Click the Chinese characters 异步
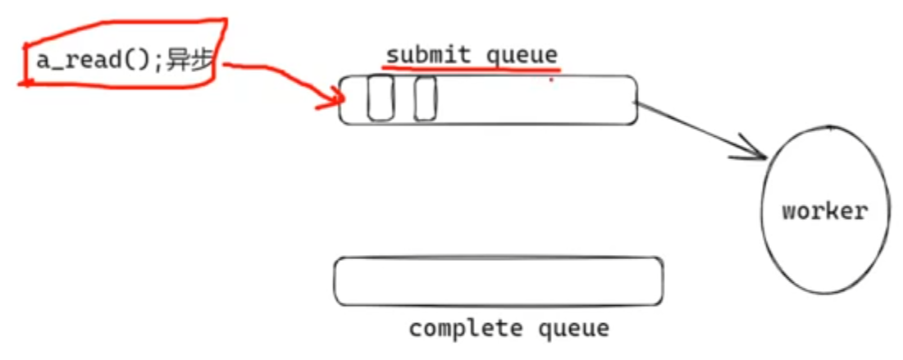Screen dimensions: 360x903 (x=189, y=62)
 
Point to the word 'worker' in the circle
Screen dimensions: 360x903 (x=823, y=211)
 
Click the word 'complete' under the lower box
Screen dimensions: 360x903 (x=465, y=329)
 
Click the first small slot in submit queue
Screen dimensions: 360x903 (x=380, y=98)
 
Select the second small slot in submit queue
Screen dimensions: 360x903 (x=425, y=98)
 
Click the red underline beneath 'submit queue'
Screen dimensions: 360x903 (x=476, y=70)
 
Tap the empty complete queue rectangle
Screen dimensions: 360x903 (x=498, y=281)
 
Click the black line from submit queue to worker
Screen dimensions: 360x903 (x=697, y=128)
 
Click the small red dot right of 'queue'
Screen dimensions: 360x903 (x=551, y=80)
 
